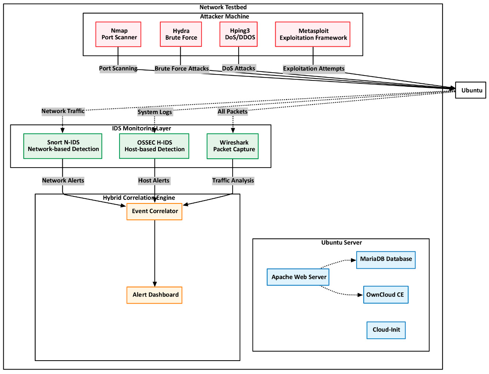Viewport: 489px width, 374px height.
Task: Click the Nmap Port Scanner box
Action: (x=118, y=34)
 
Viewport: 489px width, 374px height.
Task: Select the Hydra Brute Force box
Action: (x=181, y=34)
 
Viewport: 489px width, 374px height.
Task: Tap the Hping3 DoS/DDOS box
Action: (x=239, y=34)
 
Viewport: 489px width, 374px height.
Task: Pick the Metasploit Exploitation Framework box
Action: (x=312, y=34)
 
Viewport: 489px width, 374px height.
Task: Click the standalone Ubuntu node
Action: (x=470, y=90)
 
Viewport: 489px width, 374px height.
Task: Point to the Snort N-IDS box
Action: (x=63, y=146)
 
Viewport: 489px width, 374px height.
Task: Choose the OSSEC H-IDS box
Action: (x=154, y=146)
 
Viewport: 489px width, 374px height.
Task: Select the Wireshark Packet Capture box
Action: (x=233, y=146)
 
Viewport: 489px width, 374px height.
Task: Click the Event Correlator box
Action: (x=154, y=211)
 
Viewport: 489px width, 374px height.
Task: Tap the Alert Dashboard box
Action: (x=154, y=295)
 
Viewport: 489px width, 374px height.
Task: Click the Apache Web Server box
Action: (x=298, y=277)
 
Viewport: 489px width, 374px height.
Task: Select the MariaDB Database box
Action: (x=385, y=260)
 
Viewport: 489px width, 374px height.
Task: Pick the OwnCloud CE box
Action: (x=385, y=295)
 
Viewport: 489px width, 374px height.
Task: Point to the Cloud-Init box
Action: (x=386, y=330)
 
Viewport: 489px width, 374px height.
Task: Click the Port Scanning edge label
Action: (x=118, y=69)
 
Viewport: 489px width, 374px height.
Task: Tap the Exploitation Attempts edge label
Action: (x=314, y=69)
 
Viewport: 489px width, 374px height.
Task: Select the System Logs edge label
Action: (x=155, y=112)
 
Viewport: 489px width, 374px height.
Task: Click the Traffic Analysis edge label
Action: (x=233, y=181)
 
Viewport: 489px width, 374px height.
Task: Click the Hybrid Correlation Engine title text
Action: (x=139, y=198)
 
